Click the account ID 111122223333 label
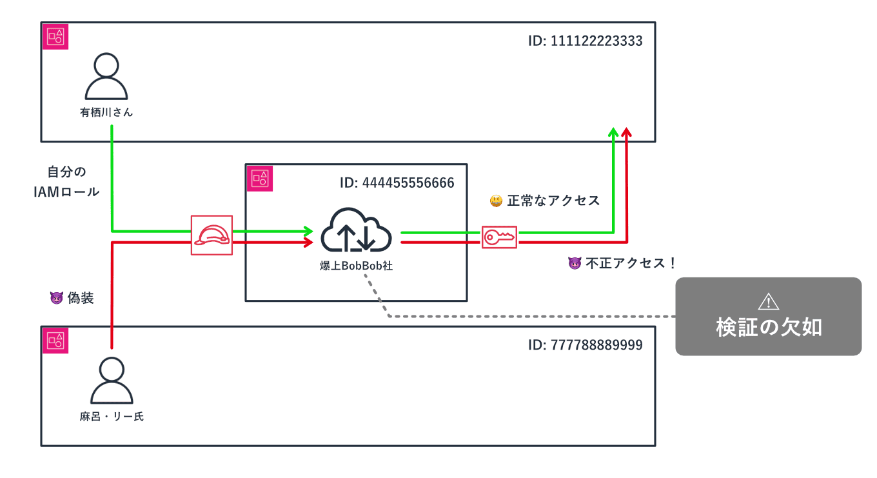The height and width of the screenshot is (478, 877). tap(585, 41)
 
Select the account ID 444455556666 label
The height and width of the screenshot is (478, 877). tap(397, 183)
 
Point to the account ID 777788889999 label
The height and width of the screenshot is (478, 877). tap(585, 344)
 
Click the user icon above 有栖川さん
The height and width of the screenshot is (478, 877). tap(106, 75)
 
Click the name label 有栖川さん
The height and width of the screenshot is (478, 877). tap(106, 112)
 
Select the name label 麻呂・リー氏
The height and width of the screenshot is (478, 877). tap(112, 417)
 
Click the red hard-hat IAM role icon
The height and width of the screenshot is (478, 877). tap(212, 235)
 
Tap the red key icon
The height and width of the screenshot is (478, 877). tap(500, 237)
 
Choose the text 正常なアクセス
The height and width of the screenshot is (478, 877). tap(553, 201)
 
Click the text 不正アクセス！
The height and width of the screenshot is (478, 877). tap(631, 263)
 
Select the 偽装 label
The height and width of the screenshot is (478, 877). tap(81, 298)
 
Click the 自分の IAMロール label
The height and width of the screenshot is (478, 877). tap(66, 182)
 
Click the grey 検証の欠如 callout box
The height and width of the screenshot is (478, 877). tap(768, 317)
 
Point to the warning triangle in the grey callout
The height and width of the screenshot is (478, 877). tap(769, 301)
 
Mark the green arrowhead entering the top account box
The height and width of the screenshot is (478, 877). tap(613, 132)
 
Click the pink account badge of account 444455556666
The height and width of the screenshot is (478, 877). tap(260, 178)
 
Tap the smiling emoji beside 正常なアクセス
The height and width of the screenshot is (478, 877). tap(496, 201)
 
